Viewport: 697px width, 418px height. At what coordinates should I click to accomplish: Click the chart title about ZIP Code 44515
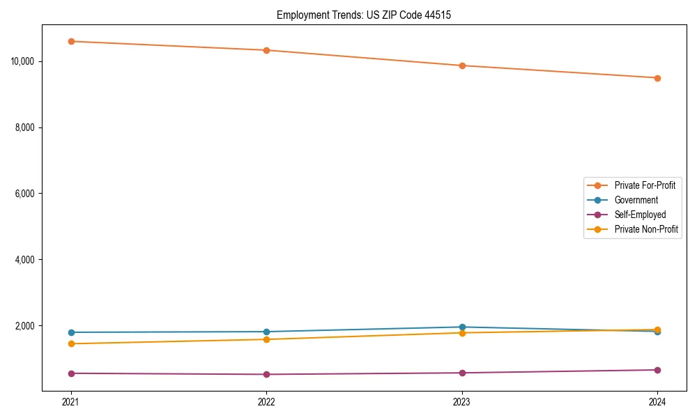tap(364, 15)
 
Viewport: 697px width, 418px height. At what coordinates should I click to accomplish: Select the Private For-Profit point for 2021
tap(71, 41)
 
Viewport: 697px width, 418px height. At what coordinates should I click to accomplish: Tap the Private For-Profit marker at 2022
tap(266, 50)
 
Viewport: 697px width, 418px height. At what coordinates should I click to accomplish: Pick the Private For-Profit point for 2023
tap(462, 65)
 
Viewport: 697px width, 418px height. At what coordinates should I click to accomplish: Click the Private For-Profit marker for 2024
tap(657, 78)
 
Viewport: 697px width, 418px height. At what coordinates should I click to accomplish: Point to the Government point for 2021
tap(71, 332)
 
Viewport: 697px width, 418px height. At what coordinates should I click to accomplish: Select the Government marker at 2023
tap(462, 327)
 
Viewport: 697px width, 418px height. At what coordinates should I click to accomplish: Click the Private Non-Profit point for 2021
tap(71, 343)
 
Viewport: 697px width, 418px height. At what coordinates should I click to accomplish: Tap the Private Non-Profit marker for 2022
tap(266, 339)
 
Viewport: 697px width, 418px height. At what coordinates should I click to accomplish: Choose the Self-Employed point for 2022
tap(266, 374)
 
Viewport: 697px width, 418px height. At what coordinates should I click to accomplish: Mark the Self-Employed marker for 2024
tap(657, 370)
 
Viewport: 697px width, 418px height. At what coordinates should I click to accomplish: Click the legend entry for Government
tap(636, 200)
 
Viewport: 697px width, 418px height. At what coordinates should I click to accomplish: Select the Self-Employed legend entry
tap(640, 215)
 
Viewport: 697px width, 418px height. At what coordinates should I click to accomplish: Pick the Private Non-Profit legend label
tap(646, 229)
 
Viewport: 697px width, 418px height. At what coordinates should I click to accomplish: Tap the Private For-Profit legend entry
tap(645, 185)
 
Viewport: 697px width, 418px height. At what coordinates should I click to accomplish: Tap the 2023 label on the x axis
tap(462, 401)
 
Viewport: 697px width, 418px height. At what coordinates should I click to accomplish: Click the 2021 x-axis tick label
tap(71, 401)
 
